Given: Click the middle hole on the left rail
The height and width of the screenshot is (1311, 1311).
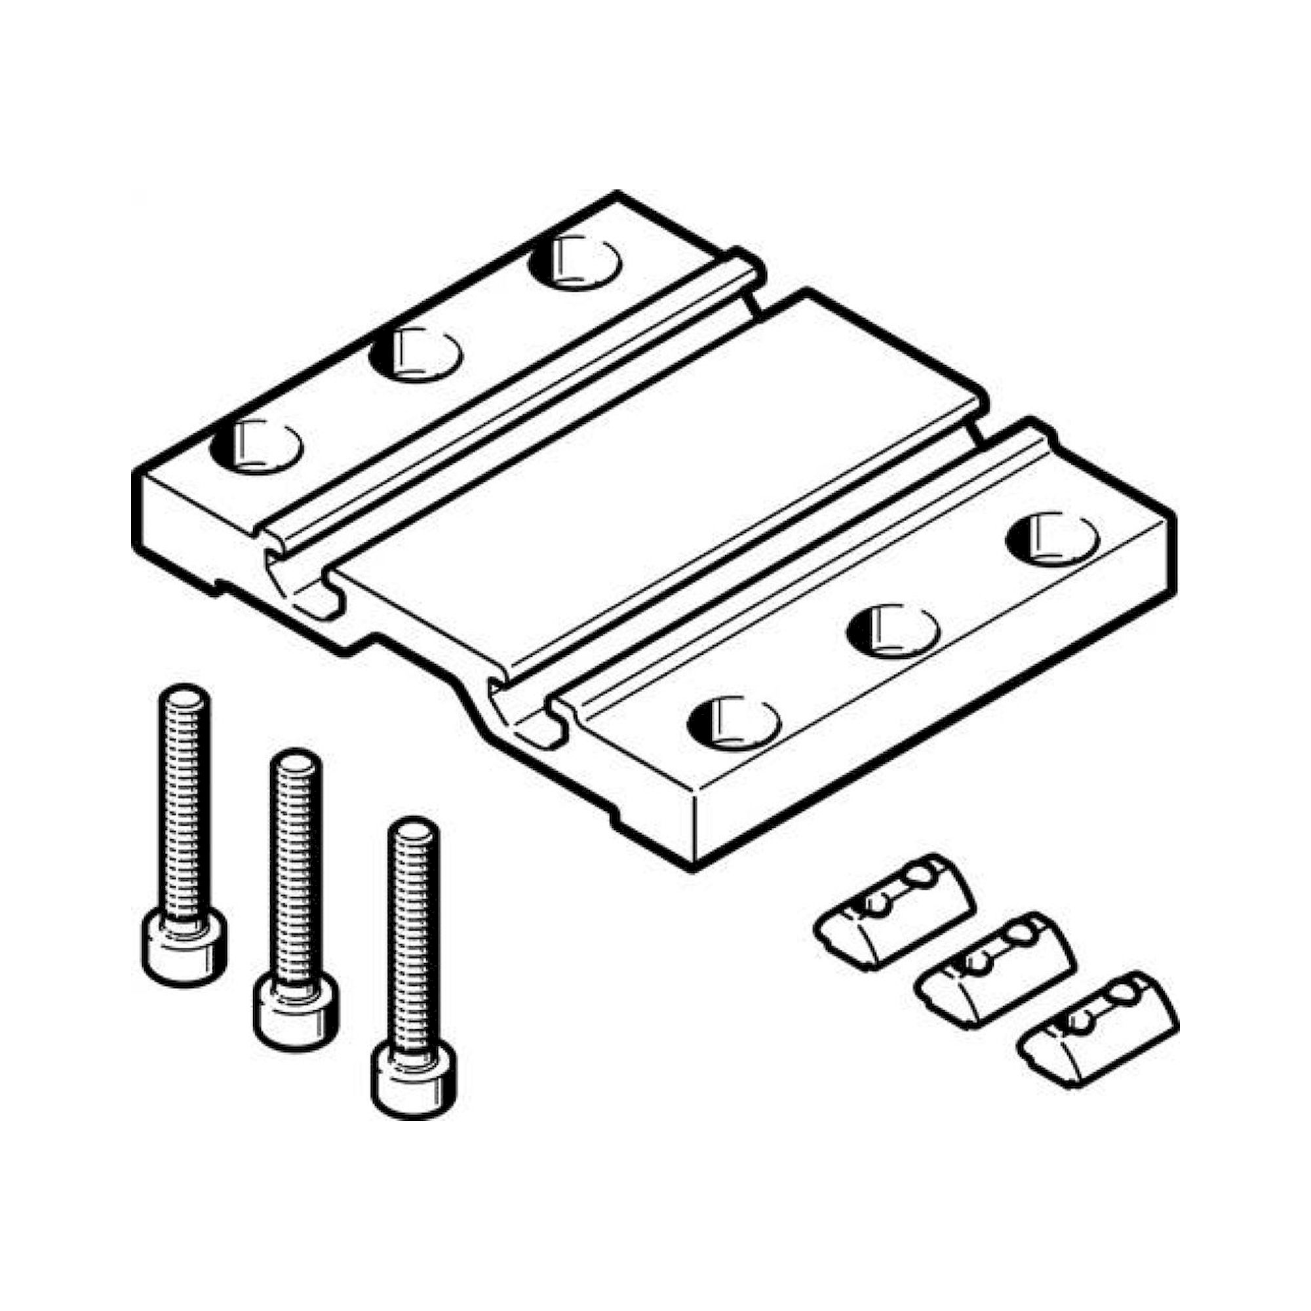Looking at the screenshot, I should pyautogui.click(x=416, y=353).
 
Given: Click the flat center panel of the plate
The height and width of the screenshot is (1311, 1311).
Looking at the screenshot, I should pyautogui.click(x=652, y=475).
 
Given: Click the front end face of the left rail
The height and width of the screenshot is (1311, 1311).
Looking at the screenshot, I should pyautogui.click(x=197, y=522).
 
